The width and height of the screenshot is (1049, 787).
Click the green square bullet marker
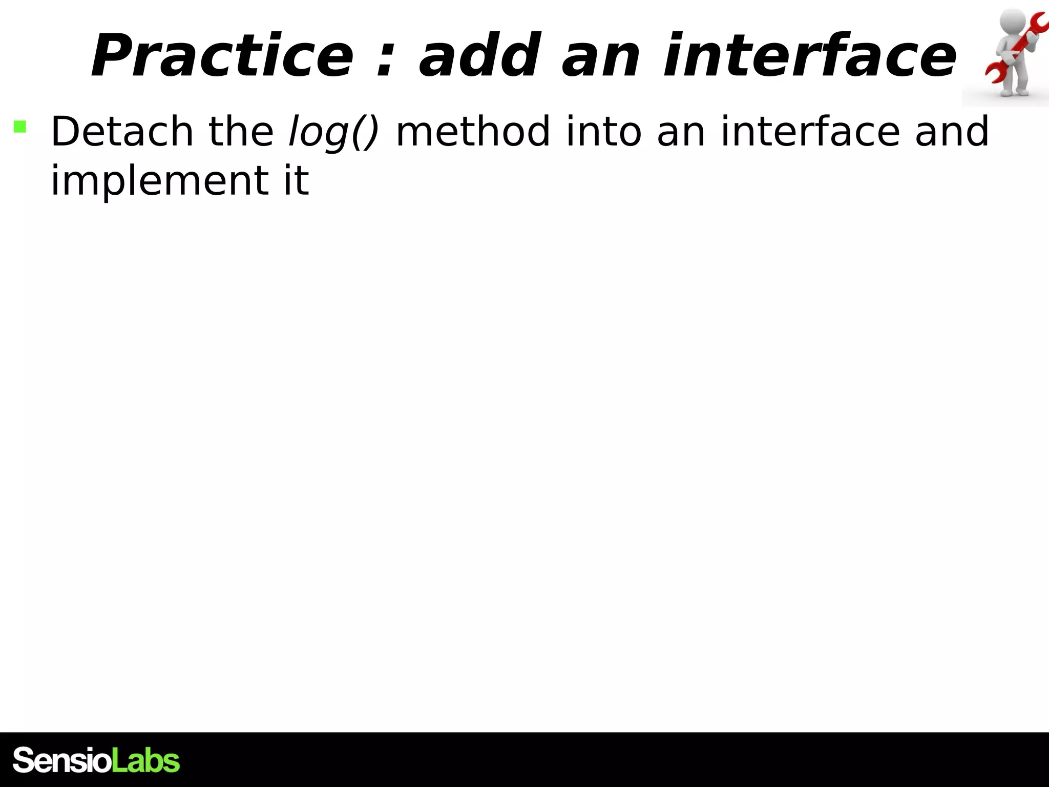tap(20, 127)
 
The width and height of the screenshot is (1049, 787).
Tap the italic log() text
tap(333, 132)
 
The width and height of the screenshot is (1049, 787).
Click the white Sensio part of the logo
tap(61, 760)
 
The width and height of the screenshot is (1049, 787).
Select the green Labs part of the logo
tap(145, 760)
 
